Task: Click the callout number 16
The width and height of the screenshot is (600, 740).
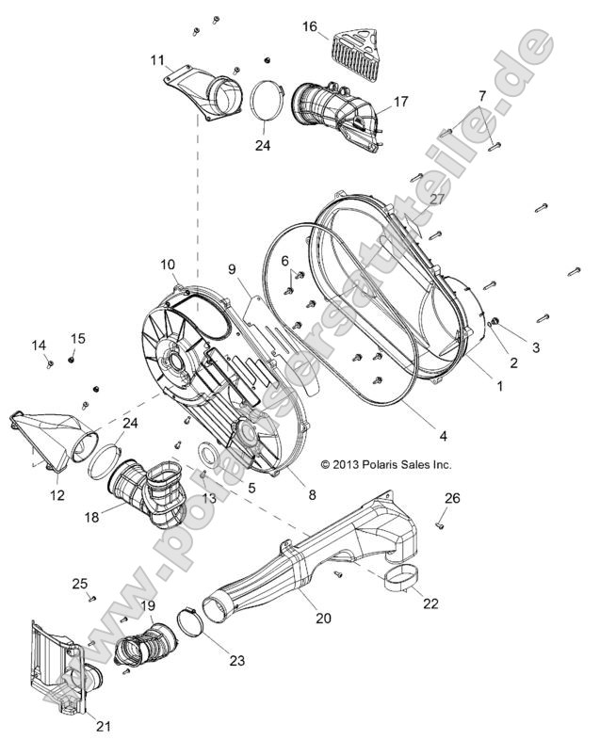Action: [309, 27]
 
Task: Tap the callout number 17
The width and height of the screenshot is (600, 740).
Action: [401, 101]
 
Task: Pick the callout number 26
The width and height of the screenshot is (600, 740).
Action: [452, 498]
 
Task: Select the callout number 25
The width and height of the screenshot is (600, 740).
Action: [80, 584]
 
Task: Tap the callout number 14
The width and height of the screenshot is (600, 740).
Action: [40, 346]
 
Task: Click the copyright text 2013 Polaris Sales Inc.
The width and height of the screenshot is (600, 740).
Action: [386, 464]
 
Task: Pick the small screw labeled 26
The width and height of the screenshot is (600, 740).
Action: [440, 520]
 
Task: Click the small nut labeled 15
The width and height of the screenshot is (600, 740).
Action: [73, 359]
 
